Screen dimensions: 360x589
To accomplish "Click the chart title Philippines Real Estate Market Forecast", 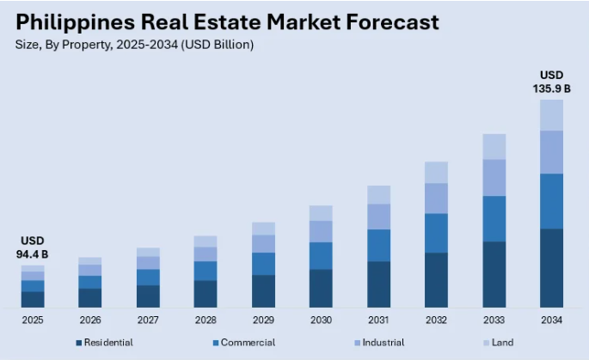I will point(226,21).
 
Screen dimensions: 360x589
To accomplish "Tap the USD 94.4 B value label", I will point(33,247).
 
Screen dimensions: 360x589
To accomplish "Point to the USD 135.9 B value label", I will point(551,81).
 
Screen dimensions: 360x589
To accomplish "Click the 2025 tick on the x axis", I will point(33,320).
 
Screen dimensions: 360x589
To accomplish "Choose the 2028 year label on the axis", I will point(206,320).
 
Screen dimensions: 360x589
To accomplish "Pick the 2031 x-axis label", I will point(378,320).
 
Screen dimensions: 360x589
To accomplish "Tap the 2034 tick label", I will point(551,320).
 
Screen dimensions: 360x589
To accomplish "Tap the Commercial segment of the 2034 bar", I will point(551,201).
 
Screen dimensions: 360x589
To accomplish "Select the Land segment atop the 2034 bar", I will point(551,115).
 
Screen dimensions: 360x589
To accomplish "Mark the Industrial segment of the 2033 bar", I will point(494,178).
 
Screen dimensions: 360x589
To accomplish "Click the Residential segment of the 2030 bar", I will point(321,288).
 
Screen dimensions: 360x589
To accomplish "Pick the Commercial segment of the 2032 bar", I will point(436,233).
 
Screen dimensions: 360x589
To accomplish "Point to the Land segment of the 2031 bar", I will point(378,194).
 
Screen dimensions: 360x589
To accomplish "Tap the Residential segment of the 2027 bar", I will point(148,296).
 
